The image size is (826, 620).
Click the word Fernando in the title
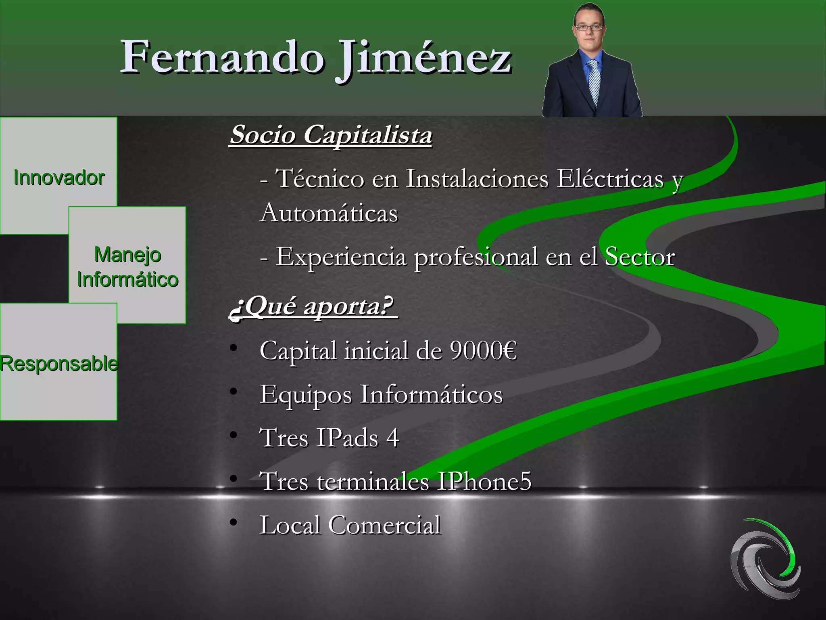[x=222, y=58]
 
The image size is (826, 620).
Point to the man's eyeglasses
[x=589, y=28]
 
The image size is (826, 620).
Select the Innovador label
[x=59, y=178]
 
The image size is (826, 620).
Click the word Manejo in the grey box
[x=127, y=255]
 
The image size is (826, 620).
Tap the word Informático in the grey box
[x=127, y=279]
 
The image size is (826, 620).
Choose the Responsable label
[x=59, y=363]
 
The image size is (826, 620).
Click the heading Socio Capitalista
[x=331, y=134]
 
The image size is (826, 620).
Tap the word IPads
[x=347, y=438]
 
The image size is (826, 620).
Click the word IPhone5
[x=484, y=481]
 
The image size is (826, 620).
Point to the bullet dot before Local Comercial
[x=233, y=522]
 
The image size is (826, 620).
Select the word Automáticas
[x=329, y=213]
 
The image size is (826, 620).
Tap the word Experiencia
[x=341, y=257]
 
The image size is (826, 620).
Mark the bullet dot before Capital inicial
[x=233, y=348]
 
